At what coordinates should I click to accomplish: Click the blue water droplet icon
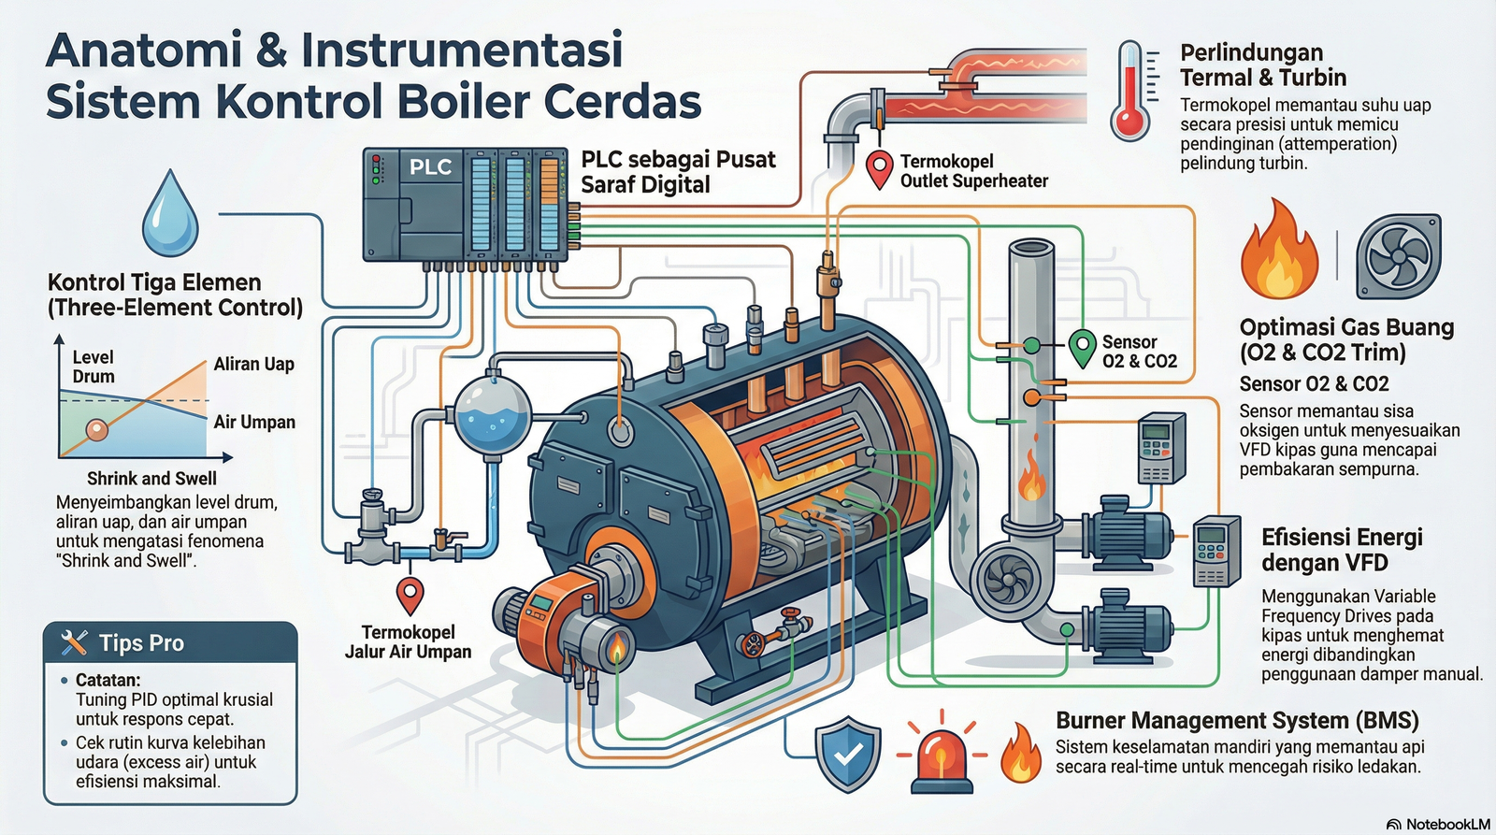coord(170,217)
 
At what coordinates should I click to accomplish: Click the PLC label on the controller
coord(430,167)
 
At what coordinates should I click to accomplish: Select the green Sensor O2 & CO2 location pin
coord(1082,348)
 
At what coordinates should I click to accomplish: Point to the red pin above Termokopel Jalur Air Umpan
coord(410,595)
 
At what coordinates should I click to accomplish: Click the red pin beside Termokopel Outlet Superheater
coord(879,169)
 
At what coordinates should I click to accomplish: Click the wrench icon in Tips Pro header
coord(74,642)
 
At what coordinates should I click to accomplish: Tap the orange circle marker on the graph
coord(96,430)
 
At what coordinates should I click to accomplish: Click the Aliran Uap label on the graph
coord(253,365)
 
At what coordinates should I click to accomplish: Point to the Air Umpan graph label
coord(254,423)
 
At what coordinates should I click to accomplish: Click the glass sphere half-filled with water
coord(493,415)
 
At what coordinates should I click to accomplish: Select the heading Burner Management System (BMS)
coord(1237,721)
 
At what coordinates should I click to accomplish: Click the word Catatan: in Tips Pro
coord(108,680)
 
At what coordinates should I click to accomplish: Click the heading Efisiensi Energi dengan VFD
coord(1342,550)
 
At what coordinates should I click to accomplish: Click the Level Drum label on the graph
coord(93,367)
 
